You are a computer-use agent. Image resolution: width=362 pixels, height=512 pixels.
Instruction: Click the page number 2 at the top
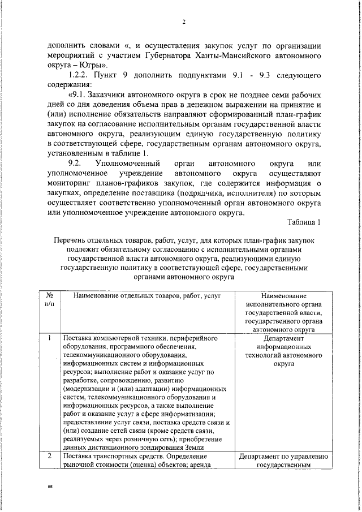coord(184,22)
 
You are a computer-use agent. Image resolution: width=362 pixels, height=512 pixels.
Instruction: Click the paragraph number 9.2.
coord(76,164)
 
